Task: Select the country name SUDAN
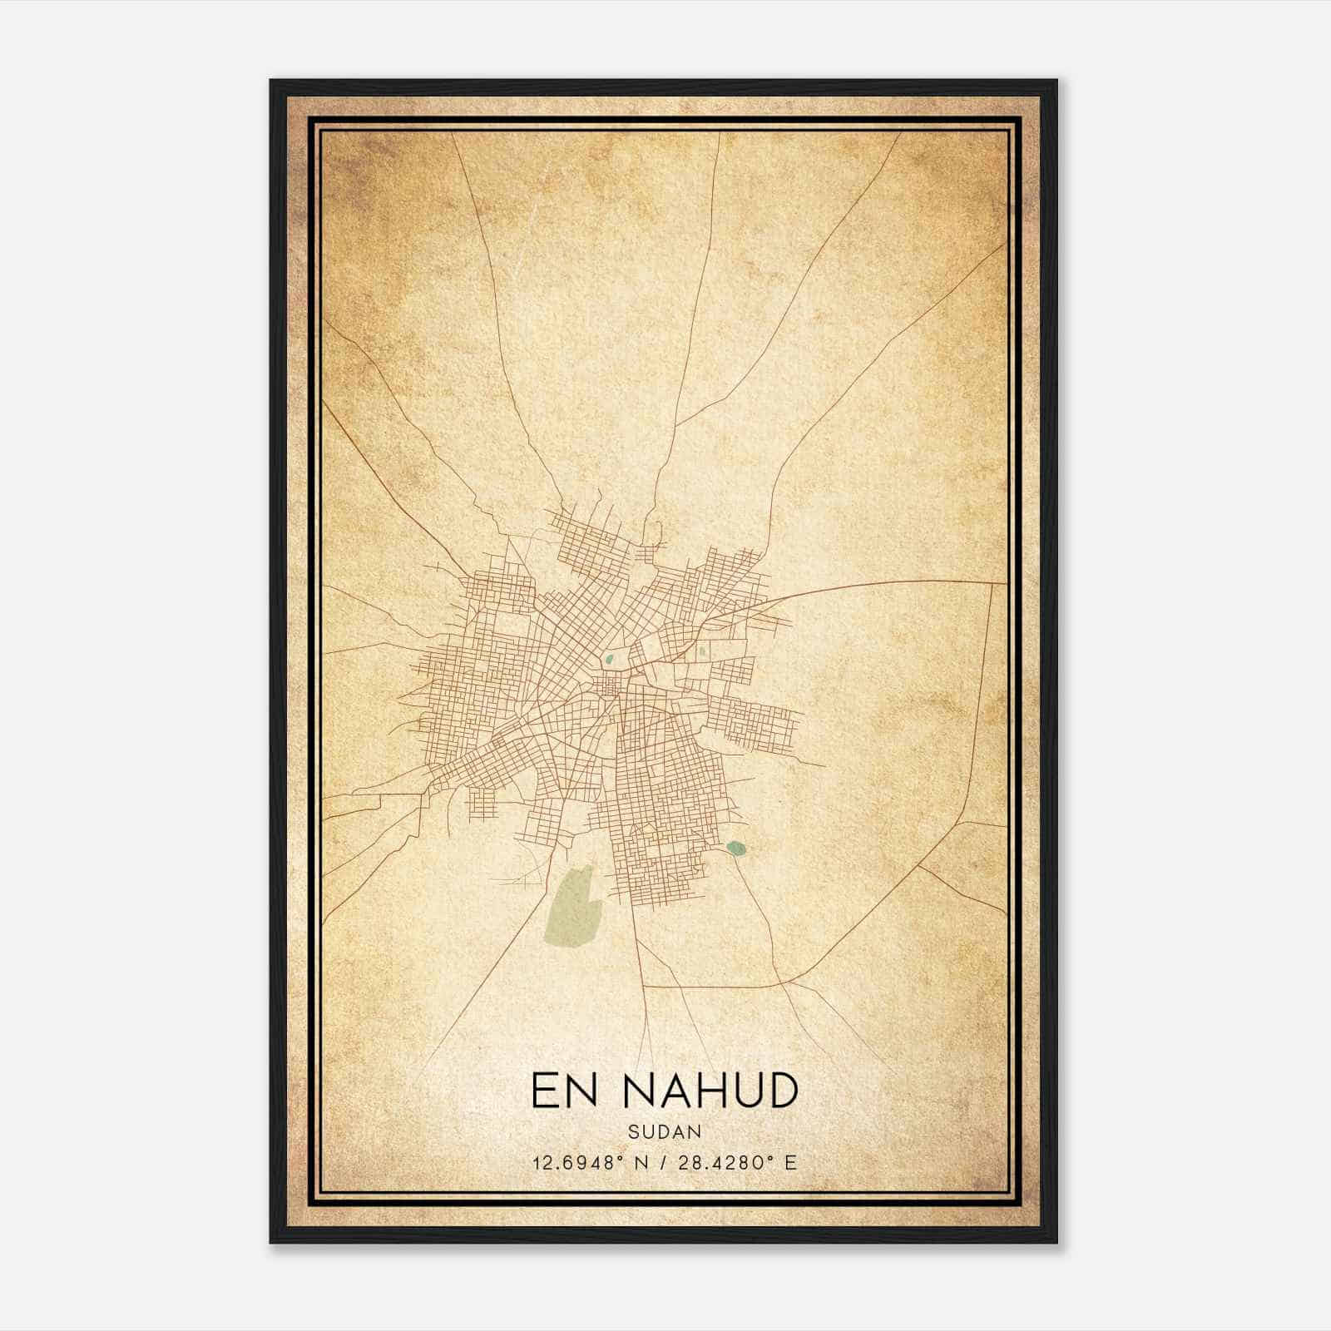coord(665,1131)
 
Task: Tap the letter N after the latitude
coord(641,1162)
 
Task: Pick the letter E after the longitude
coord(790,1162)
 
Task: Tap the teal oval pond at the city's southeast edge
coord(735,848)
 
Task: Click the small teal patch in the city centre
coord(610,661)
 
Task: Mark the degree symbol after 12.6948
coord(619,1157)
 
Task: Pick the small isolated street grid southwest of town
coord(482,804)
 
